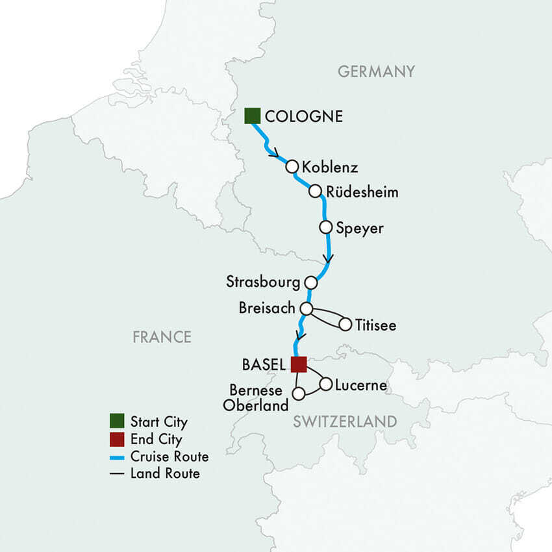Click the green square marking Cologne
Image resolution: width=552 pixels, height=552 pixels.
coord(252,116)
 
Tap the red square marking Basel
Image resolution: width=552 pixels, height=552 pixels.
coord(298,364)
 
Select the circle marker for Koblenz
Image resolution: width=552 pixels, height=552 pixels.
coord(292,166)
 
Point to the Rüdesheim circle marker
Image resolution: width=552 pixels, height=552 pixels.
coord(315,192)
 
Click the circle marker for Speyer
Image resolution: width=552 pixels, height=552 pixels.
coord(326,227)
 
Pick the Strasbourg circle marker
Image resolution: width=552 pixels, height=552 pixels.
coord(311,282)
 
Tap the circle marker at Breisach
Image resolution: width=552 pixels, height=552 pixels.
coord(306,308)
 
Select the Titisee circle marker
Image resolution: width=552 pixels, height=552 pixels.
coord(345,323)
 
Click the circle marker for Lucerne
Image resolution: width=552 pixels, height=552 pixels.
coord(325,384)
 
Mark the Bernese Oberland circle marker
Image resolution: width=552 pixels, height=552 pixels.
coord(298,394)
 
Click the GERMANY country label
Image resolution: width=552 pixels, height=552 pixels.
coord(376,71)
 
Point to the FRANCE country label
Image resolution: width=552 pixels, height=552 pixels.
coord(162,336)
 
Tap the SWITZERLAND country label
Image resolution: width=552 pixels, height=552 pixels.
coord(344,421)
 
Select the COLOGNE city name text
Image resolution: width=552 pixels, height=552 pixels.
coord(304,117)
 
